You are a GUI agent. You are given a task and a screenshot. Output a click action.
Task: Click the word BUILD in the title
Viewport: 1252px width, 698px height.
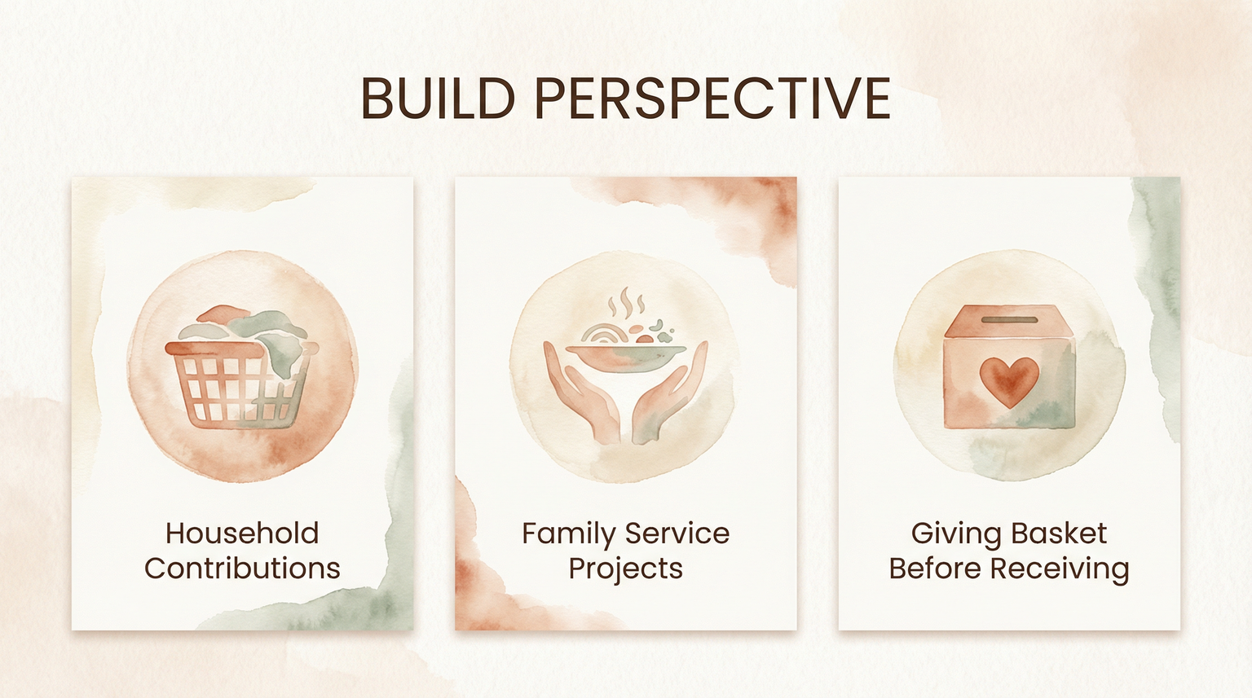[437, 99]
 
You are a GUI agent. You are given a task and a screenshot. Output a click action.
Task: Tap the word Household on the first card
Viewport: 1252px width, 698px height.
[242, 533]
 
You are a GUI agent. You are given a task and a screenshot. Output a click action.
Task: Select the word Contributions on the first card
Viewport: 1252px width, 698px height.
[242, 568]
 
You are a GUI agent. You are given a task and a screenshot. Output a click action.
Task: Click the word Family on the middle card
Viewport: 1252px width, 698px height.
[568, 534]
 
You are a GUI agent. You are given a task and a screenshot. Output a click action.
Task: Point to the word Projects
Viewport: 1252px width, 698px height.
[625, 569]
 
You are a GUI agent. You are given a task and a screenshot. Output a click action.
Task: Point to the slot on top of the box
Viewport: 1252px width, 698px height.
[1009, 321]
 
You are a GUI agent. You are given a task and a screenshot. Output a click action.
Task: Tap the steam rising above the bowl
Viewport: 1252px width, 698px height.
[626, 305]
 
